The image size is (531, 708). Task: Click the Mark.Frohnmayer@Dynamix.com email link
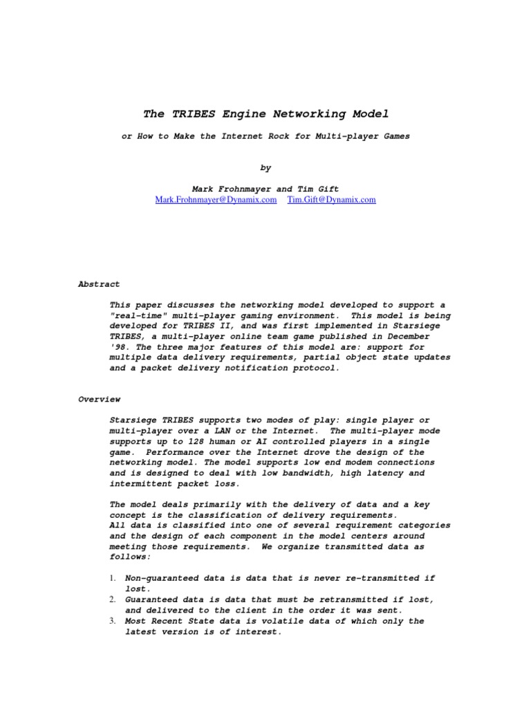(x=216, y=199)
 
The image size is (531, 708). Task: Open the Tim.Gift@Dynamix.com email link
(x=331, y=199)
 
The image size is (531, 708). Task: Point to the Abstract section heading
(x=99, y=283)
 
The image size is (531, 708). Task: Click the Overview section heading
(x=99, y=399)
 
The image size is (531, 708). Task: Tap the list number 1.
(x=113, y=578)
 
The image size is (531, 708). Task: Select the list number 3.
(x=113, y=621)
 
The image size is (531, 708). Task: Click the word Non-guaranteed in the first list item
(x=160, y=578)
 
